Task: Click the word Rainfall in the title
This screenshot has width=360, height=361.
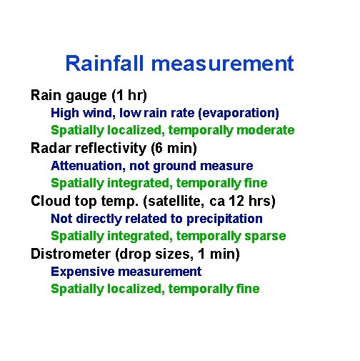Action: click(104, 64)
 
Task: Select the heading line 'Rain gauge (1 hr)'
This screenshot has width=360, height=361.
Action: click(89, 95)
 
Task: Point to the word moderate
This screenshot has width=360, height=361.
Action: click(266, 130)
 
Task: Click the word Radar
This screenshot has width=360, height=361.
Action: click(50, 148)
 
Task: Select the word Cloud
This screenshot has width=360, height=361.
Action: click(49, 201)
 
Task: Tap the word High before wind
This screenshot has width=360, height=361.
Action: click(65, 113)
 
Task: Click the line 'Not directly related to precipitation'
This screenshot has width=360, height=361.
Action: click(156, 219)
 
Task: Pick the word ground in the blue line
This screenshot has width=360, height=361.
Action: click(176, 166)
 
